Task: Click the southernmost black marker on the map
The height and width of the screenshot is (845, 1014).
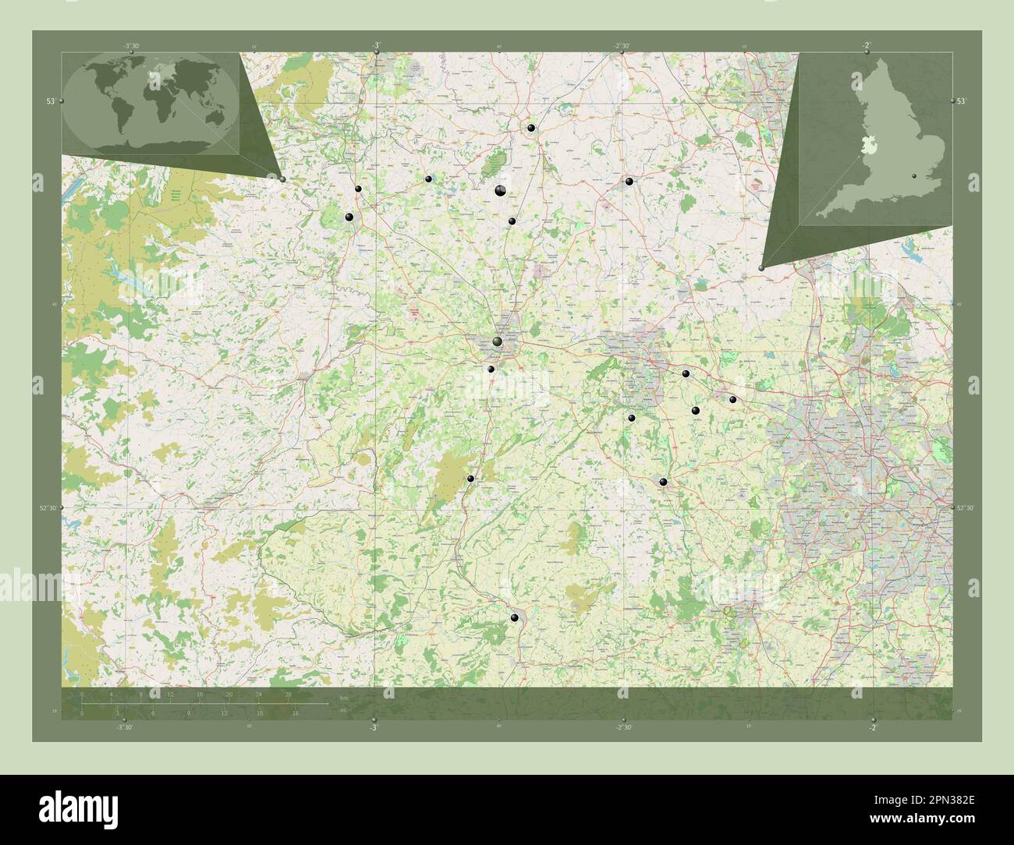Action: point(514,618)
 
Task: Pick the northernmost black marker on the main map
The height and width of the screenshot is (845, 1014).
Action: point(530,128)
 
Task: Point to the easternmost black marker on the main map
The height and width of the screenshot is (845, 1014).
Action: point(732,400)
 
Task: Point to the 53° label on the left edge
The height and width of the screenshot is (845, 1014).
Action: point(50,101)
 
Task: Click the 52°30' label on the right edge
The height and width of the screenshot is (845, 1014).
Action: point(964,508)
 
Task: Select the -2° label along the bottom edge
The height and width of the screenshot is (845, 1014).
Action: point(871,728)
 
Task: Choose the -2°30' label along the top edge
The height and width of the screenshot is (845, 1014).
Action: point(622,46)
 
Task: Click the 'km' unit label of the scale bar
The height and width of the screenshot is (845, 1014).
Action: point(344,697)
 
